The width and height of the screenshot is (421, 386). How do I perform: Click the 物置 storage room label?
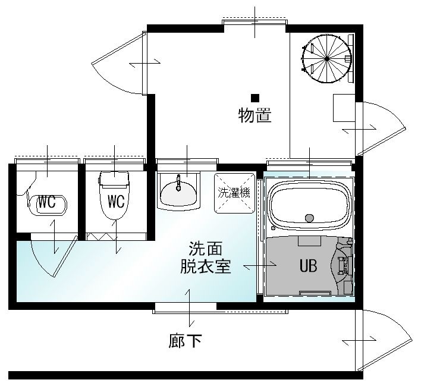click(255, 115)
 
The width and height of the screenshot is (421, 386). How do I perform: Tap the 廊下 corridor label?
click(185, 341)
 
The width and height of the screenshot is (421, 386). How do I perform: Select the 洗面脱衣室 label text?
click(205, 258)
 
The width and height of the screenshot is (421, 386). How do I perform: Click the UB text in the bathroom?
click(308, 265)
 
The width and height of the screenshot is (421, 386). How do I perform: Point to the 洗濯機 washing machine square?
click(234, 193)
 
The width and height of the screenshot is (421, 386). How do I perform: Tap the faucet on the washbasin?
click(178, 183)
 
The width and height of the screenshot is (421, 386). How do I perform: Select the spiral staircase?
click(327, 58)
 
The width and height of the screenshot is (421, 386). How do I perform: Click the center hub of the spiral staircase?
click(327, 58)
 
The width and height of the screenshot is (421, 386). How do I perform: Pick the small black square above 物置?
click(255, 98)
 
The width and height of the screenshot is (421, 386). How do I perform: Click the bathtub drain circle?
click(309, 218)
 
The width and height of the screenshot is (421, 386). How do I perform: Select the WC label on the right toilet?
click(116, 201)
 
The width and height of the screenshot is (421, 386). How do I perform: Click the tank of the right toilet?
click(115, 178)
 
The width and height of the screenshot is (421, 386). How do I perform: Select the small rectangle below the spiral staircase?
click(344, 108)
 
